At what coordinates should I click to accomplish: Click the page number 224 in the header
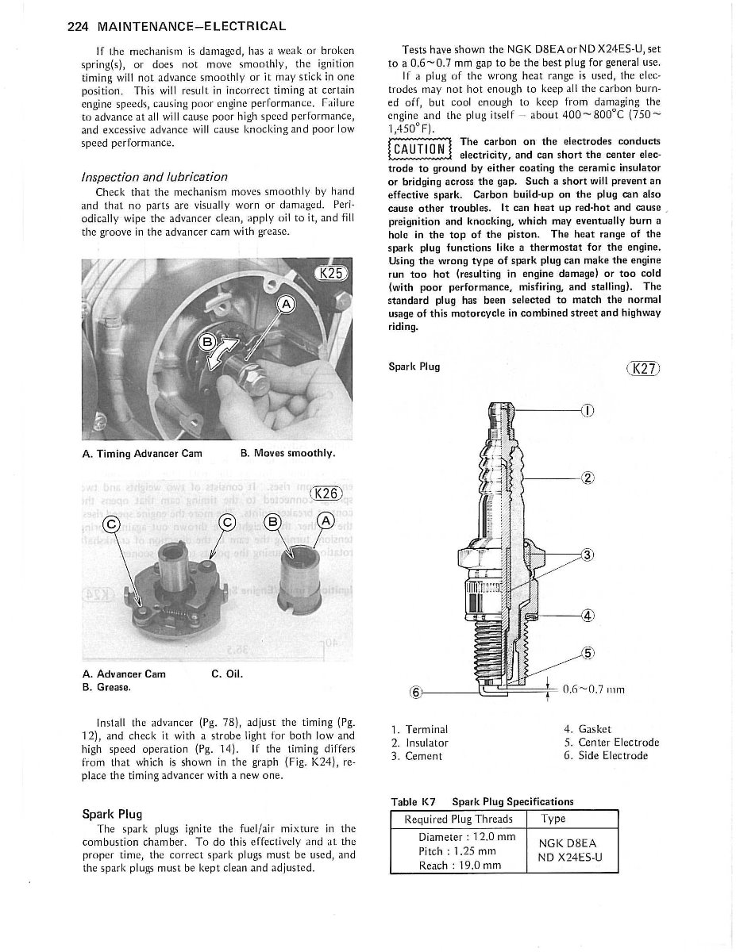click(77, 26)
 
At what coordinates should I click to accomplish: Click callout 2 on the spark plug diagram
click(588, 478)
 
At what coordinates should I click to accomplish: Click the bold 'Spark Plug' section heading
click(112, 813)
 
